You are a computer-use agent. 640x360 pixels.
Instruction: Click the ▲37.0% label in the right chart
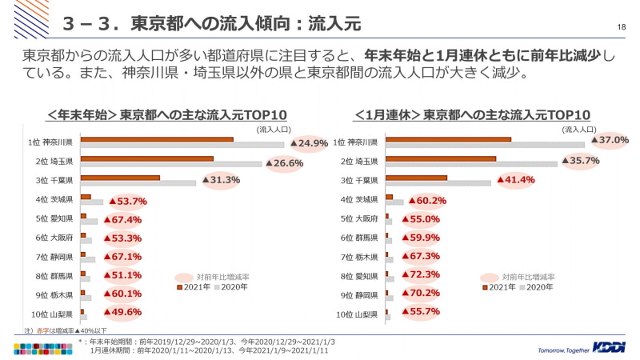pos(610,140)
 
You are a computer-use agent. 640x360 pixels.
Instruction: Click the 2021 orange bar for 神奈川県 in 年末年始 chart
pos(157,139)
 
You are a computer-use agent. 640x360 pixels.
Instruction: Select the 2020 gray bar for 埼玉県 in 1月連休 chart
pos(471,164)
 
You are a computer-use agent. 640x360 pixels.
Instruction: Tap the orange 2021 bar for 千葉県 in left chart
pos(120,178)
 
